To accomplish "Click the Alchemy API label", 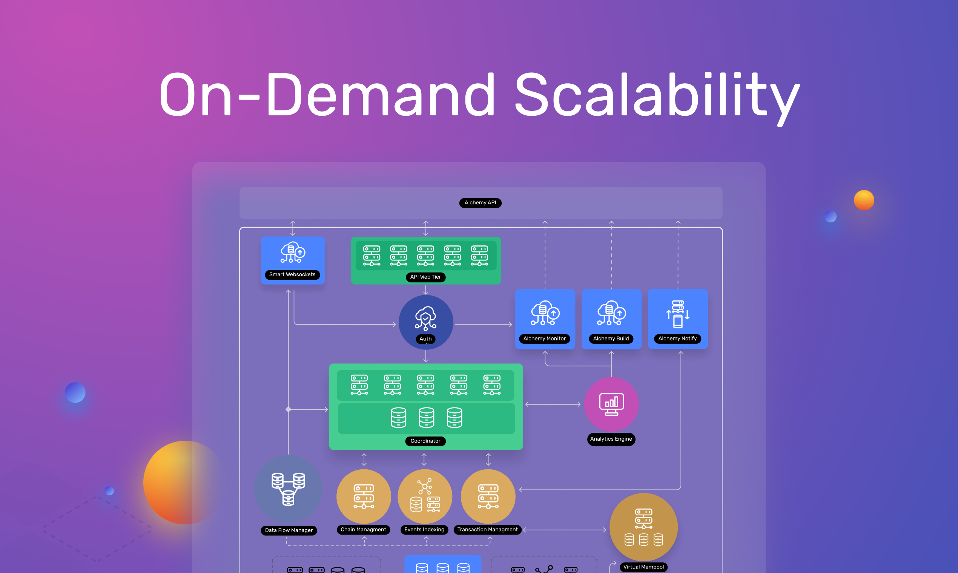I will pyautogui.click(x=480, y=203).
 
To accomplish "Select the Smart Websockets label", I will pyautogui.click(x=292, y=274).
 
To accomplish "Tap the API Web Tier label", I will pyautogui.click(x=425, y=277).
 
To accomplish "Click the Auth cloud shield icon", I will pyautogui.click(x=425, y=318).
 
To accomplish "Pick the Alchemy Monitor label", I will pyautogui.click(x=544, y=339).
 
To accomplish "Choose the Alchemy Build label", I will pyautogui.click(x=611, y=339).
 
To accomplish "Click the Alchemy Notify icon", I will pyautogui.click(x=677, y=314).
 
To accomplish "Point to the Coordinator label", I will pyautogui.click(x=425, y=441).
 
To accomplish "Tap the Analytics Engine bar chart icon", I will pyautogui.click(x=611, y=404).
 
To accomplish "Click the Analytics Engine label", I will pyautogui.click(x=611, y=439).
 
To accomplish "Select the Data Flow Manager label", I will pyautogui.click(x=289, y=530).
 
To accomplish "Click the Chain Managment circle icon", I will pyautogui.click(x=364, y=496).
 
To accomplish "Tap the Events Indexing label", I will pyautogui.click(x=424, y=530).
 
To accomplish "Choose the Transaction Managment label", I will pyautogui.click(x=488, y=530).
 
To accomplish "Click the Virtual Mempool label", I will pyautogui.click(x=643, y=567).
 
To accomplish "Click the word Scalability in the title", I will pyautogui.click(x=657, y=95).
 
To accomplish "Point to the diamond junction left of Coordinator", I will pyautogui.click(x=288, y=409).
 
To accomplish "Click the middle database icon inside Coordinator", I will pyautogui.click(x=427, y=418).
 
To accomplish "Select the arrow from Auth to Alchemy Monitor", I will pyautogui.click(x=483, y=325).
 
